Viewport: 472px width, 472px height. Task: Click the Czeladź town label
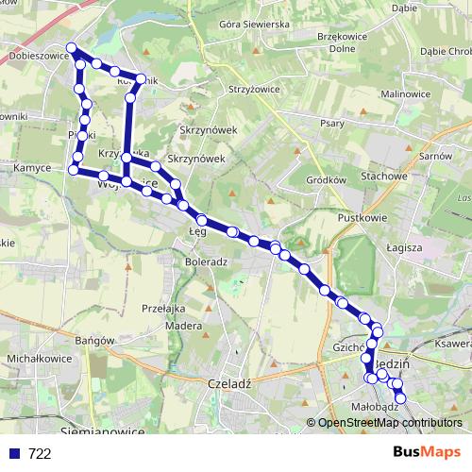(226, 385)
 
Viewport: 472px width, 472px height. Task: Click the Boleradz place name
(206, 261)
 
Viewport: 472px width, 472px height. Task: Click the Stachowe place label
(383, 176)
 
